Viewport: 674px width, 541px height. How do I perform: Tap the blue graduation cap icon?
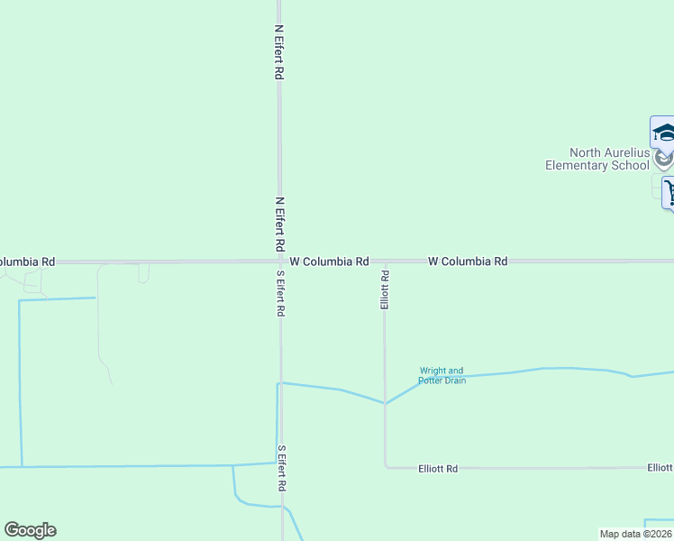tap(663, 133)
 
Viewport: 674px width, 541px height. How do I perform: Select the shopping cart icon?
tap(669, 191)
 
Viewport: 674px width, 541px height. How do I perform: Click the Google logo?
tap(30, 530)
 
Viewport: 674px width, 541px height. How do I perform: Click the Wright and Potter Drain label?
tap(442, 375)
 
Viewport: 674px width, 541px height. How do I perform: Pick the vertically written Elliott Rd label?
tap(385, 289)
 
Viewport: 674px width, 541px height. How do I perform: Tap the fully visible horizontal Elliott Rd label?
tap(438, 469)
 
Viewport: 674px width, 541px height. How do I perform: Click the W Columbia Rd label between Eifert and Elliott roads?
tap(329, 261)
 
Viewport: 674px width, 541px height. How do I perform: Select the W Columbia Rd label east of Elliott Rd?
tap(468, 261)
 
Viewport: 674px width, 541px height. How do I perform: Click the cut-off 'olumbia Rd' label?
tap(26, 261)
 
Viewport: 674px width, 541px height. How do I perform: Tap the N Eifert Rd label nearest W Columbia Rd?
tap(280, 224)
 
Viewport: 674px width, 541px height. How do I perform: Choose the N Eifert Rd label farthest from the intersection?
tap(279, 52)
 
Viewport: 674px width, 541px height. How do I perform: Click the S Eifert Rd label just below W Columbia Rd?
tap(281, 292)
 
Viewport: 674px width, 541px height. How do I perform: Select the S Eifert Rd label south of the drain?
tap(282, 467)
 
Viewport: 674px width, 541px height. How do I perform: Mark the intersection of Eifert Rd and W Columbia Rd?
tap(280, 261)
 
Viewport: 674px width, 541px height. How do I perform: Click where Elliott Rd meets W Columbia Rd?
tap(385, 262)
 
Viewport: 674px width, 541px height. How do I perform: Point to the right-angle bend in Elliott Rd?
tap(386, 467)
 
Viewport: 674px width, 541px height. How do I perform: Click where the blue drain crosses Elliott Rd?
tap(386, 403)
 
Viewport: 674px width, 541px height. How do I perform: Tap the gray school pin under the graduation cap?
tap(663, 159)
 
